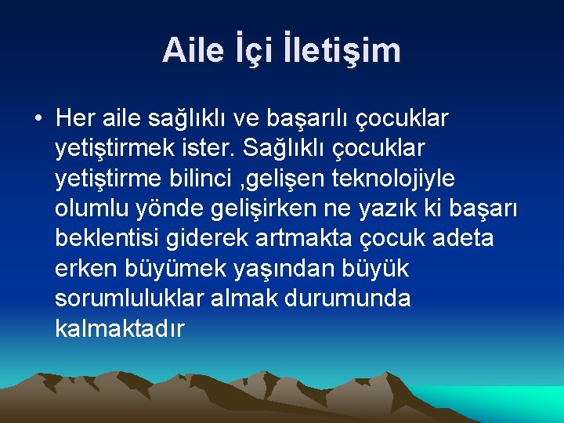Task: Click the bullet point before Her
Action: click(37, 118)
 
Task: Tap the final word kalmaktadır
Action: click(120, 329)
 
